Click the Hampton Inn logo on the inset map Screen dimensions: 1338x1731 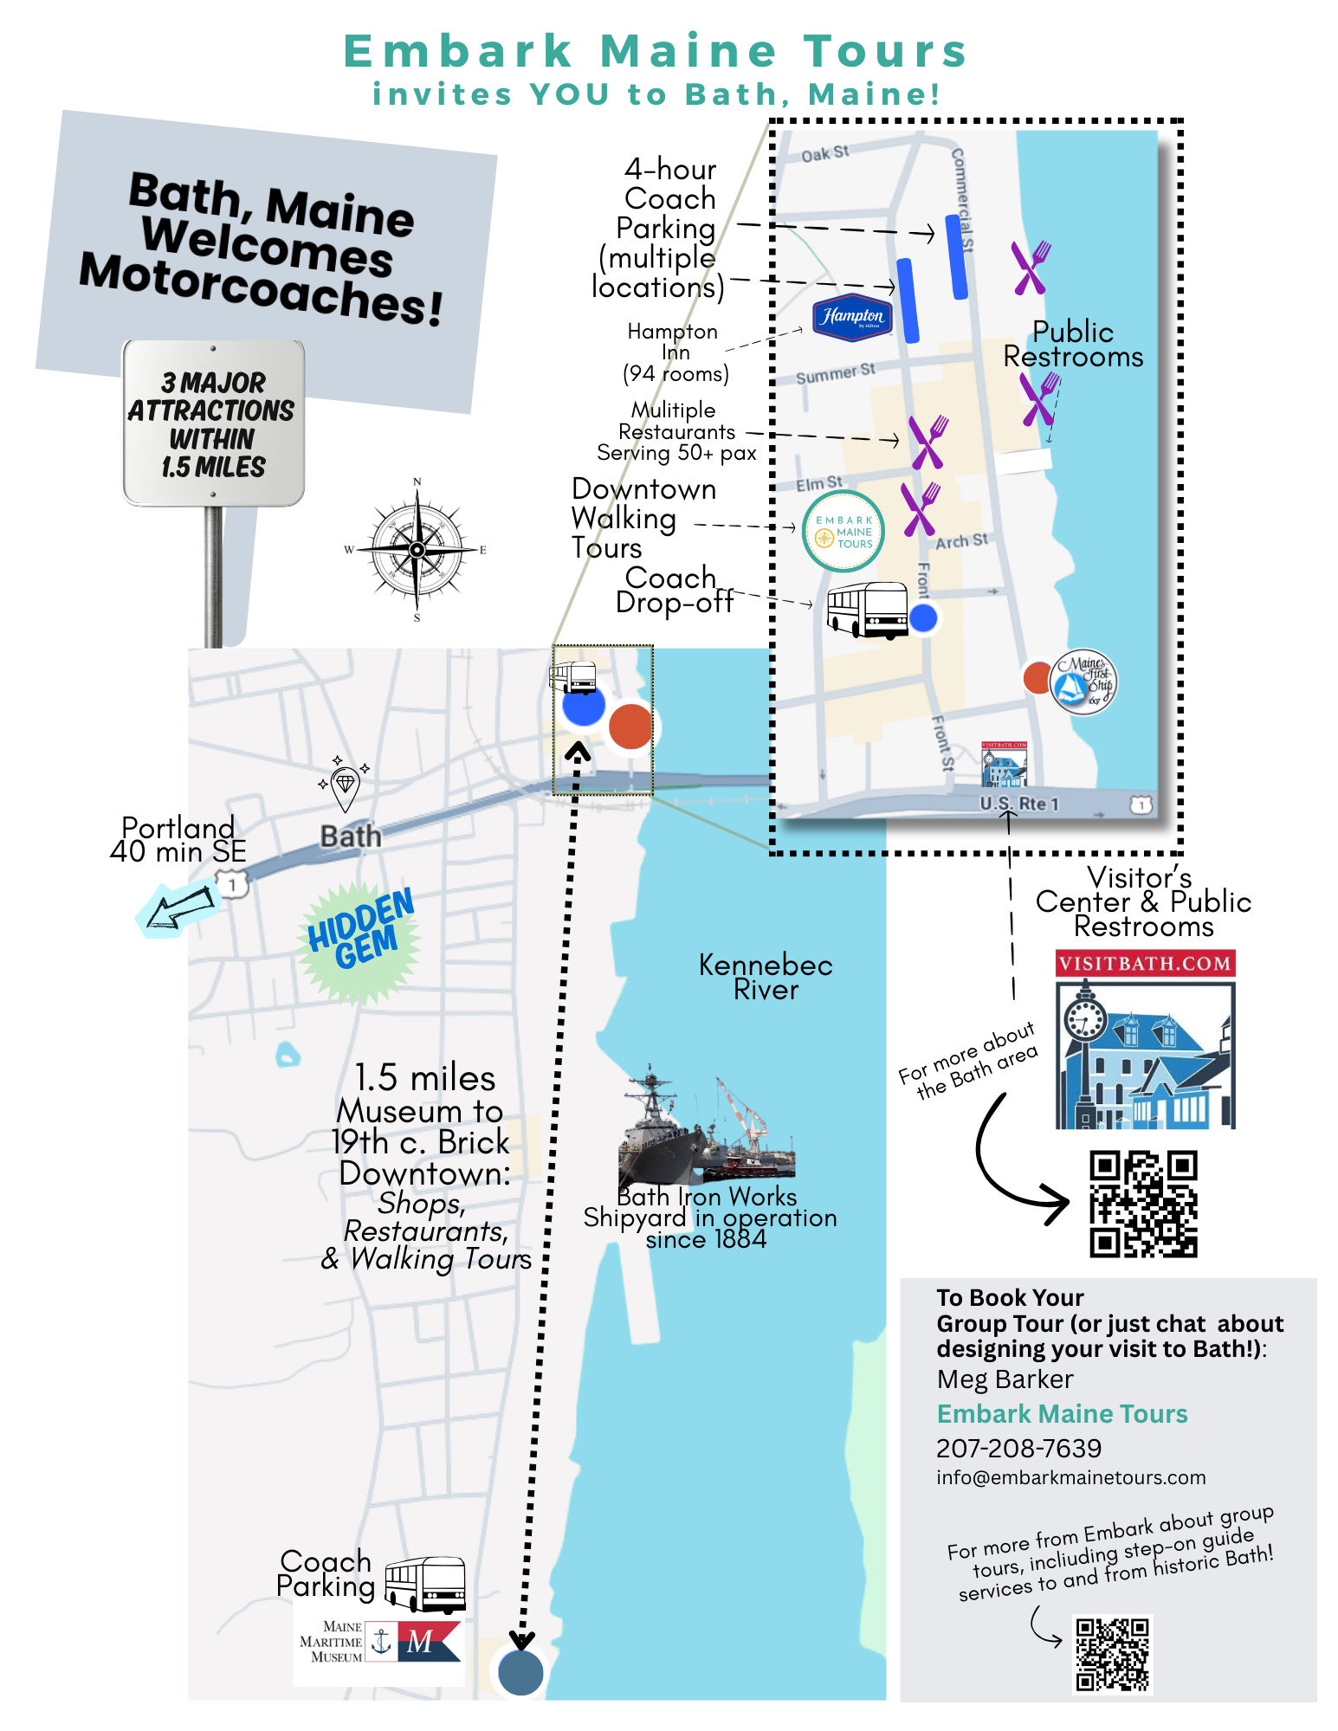pos(852,317)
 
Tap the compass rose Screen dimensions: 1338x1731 pos(417,549)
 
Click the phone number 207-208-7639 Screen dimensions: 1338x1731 pos(1018,1448)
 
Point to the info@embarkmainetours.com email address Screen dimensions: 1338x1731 pos(1070,1477)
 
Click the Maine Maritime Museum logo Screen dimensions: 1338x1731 pos(379,1641)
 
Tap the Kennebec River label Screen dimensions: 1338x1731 pos(766,977)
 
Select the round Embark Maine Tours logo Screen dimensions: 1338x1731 pos(843,531)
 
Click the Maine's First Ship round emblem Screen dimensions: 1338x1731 pos(1083,681)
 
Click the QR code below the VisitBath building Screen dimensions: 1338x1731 pos(1143,1204)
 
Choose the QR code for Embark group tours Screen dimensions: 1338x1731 pos(1112,1654)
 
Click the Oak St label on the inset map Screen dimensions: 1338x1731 pos(824,154)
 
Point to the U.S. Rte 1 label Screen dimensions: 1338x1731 pos(1019,804)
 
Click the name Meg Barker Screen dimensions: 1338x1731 pos(1005,1379)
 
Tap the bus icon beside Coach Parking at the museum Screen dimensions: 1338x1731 pos(425,1584)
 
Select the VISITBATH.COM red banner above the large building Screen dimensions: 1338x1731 pos(1145,964)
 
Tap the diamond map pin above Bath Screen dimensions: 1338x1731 pos(345,784)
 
